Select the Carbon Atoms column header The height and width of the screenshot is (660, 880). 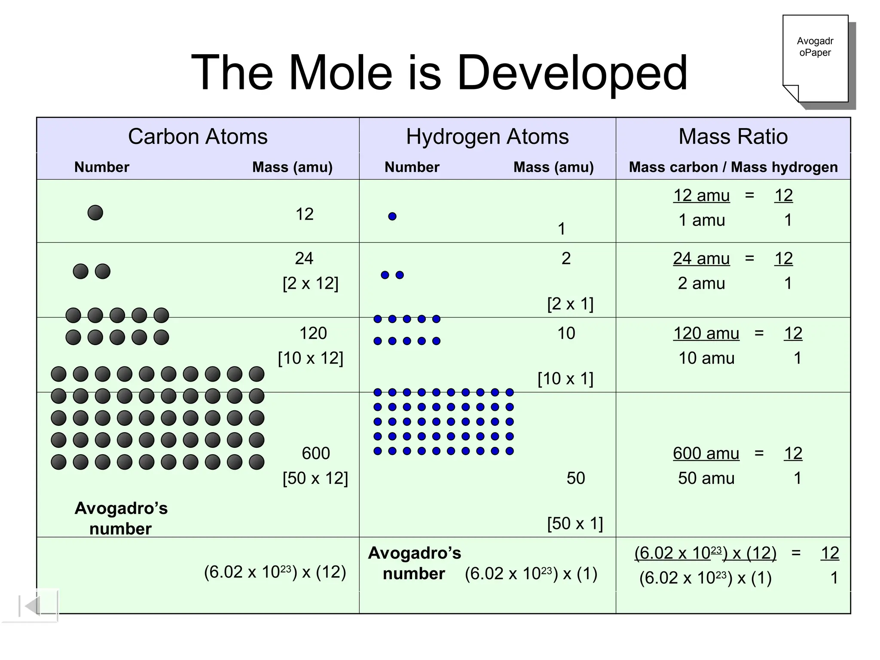198,137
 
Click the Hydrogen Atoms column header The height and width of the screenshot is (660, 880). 487,137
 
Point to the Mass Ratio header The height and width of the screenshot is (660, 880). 733,137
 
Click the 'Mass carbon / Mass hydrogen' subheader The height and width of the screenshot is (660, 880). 733,167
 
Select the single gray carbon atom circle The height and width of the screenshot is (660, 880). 95,213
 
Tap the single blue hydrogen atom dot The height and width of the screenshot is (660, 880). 392,217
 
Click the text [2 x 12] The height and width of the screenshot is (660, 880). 310,283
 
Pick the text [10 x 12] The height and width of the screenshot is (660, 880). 310,358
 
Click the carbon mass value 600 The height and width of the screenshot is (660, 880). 316,453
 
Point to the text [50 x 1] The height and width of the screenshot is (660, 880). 575,523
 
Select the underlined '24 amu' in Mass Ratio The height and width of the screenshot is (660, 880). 701,259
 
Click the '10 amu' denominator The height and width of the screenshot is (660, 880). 706,358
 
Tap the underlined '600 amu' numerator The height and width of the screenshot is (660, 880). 706,453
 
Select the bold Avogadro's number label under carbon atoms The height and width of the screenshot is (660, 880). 121,518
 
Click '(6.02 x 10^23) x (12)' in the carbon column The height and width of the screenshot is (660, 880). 275,572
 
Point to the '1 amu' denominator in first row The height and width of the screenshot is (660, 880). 701,220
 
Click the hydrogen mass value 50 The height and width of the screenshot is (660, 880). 575,478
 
